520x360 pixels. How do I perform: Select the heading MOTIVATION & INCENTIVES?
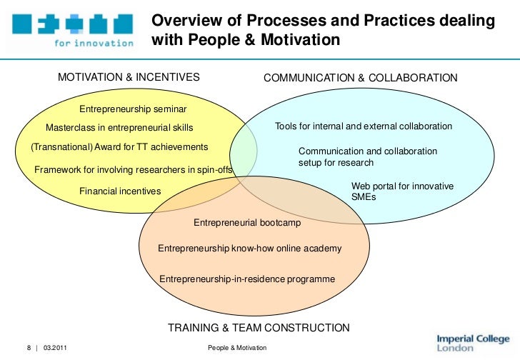pyautogui.click(x=129, y=77)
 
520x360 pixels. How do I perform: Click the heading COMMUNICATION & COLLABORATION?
pyautogui.click(x=361, y=77)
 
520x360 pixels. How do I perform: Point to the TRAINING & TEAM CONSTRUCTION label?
pyautogui.click(x=259, y=328)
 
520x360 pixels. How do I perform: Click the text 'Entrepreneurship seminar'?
pyautogui.click(x=133, y=109)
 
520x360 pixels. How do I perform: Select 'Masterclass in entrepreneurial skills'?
pyautogui.click(x=119, y=128)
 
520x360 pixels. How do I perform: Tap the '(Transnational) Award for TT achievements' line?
pyautogui.click(x=120, y=146)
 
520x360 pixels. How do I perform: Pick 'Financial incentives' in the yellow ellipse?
pyautogui.click(x=120, y=191)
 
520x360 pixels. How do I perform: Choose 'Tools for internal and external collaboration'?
pyautogui.click(x=364, y=126)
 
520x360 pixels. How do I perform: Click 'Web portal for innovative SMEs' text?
pyautogui.click(x=402, y=191)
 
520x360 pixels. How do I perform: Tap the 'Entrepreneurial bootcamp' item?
pyautogui.click(x=247, y=223)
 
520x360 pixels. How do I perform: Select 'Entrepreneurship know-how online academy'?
pyautogui.click(x=249, y=249)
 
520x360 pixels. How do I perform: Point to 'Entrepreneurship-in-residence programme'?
pyautogui.click(x=246, y=279)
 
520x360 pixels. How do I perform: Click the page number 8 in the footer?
pyautogui.click(x=29, y=347)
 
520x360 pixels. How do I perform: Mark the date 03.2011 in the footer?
pyautogui.click(x=54, y=347)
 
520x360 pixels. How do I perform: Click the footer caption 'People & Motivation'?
pyautogui.click(x=236, y=347)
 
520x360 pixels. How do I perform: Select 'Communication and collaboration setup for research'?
pyautogui.click(x=368, y=157)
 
